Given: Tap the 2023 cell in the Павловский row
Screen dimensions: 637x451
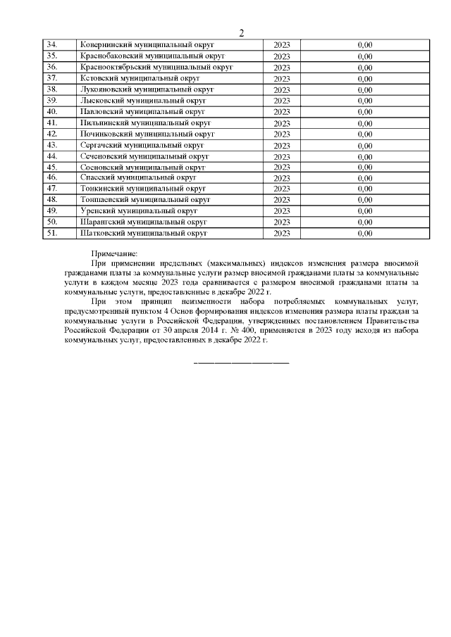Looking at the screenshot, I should (x=282, y=112).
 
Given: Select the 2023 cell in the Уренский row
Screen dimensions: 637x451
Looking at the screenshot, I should (x=282, y=210).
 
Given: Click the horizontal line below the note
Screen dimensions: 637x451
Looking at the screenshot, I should (x=241, y=362).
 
